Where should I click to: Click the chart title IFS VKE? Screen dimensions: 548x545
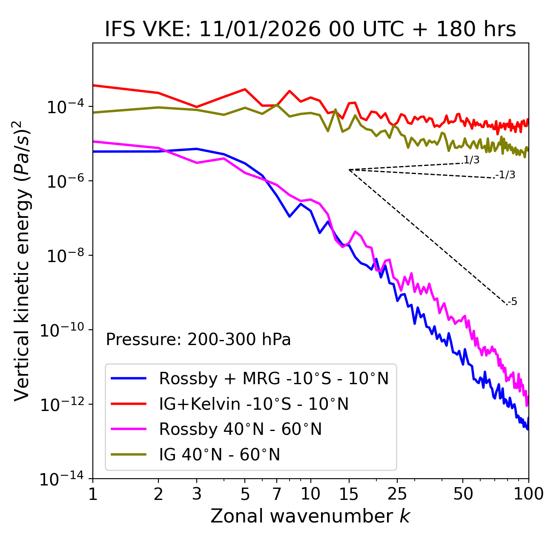(x=310, y=29)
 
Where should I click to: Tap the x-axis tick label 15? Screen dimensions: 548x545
(x=349, y=494)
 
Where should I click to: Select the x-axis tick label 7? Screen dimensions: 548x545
(x=277, y=494)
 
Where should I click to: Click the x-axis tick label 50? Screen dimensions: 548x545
(x=463, y=494)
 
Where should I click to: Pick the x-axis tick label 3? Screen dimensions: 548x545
(x=197, y=494)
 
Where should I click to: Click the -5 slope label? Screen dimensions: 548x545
(x=512, y=302)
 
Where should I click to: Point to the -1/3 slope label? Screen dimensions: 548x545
(x=505, y=175)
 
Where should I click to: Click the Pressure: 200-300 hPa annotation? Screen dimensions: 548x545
(x=198, y=340)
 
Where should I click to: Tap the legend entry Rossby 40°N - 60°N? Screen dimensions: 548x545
(x=240, y=429)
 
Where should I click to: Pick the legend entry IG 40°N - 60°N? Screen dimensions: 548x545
(x=219, y=455)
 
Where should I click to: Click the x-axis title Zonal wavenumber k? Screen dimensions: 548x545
(x=310, y=516)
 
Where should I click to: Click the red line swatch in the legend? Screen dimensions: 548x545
(x=129, y=404)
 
